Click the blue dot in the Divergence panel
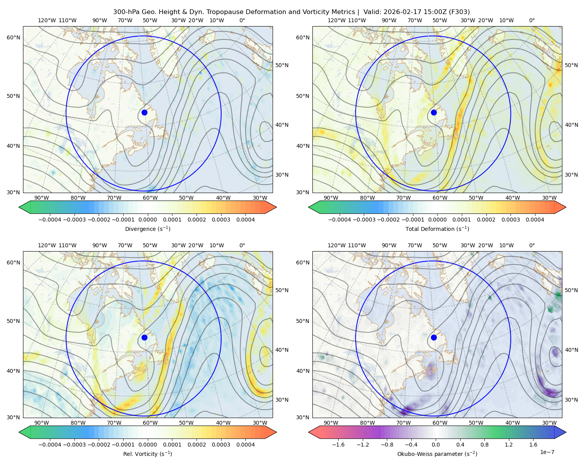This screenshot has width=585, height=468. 144,112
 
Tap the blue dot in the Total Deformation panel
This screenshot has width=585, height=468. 434,112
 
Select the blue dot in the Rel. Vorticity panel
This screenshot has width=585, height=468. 144,337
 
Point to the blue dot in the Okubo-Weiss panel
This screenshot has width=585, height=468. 434,337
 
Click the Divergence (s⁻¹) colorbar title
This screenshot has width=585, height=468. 148,229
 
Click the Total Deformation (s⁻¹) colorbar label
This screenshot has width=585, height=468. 437,229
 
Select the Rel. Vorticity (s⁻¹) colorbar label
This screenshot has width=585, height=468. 148,454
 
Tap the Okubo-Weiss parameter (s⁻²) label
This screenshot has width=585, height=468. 437,454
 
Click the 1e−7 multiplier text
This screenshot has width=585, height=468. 547,452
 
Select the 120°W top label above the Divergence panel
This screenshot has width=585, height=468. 46,20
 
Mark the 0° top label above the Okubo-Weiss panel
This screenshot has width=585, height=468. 532,245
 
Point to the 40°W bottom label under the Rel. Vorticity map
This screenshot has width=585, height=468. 223,423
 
